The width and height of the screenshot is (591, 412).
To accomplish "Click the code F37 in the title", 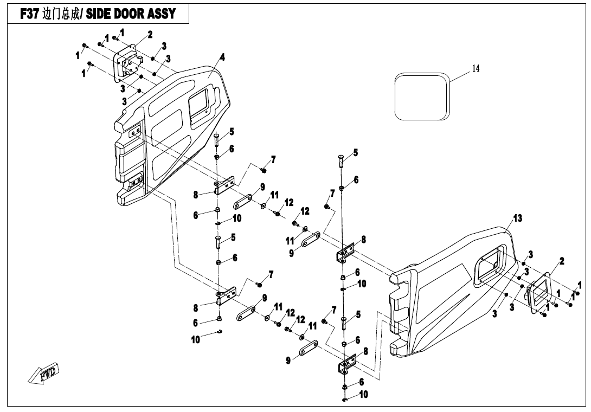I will tap(29, 15).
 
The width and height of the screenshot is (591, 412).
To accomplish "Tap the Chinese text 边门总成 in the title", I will tap(60, 15).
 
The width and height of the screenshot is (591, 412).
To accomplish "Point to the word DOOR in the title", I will tap(131, 15).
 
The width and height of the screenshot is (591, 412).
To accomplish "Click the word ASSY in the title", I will tap(162, 15).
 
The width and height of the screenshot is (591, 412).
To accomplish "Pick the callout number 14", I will tap(476, 68).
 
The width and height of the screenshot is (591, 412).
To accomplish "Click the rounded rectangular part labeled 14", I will tap(422, 96).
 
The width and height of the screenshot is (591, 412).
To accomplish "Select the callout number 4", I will tap(222, 57).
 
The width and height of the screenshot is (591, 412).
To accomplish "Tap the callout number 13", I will tap(518, 218).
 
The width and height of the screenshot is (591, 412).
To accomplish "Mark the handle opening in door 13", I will tap(491, 265).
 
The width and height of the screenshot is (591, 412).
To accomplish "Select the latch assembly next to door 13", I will tap(539, 293).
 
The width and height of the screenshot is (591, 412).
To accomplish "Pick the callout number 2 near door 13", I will tap(562, 261).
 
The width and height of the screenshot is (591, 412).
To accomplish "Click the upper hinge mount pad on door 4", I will tap(135, 131).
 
